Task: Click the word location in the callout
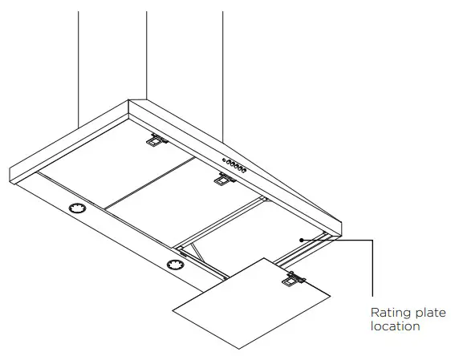click(x=395, y=326)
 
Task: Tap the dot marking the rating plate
click(x=300, y=239)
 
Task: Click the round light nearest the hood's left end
click(x=78, y=210)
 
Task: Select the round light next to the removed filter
click(x=174, y=265)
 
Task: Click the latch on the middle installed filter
click(x=219, y=180)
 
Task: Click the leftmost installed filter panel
click(x=120, y=164)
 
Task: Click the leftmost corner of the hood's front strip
click(x=10, y=170)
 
